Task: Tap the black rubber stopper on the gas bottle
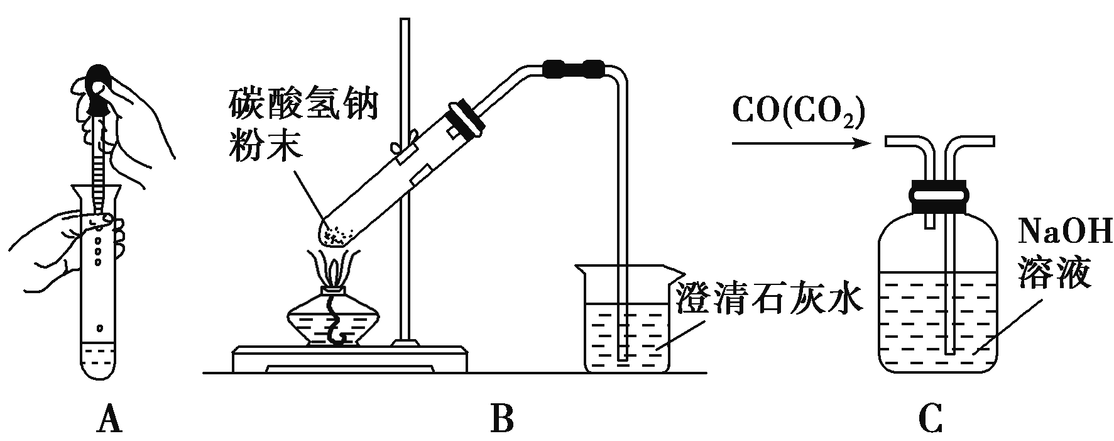[939, 196]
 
